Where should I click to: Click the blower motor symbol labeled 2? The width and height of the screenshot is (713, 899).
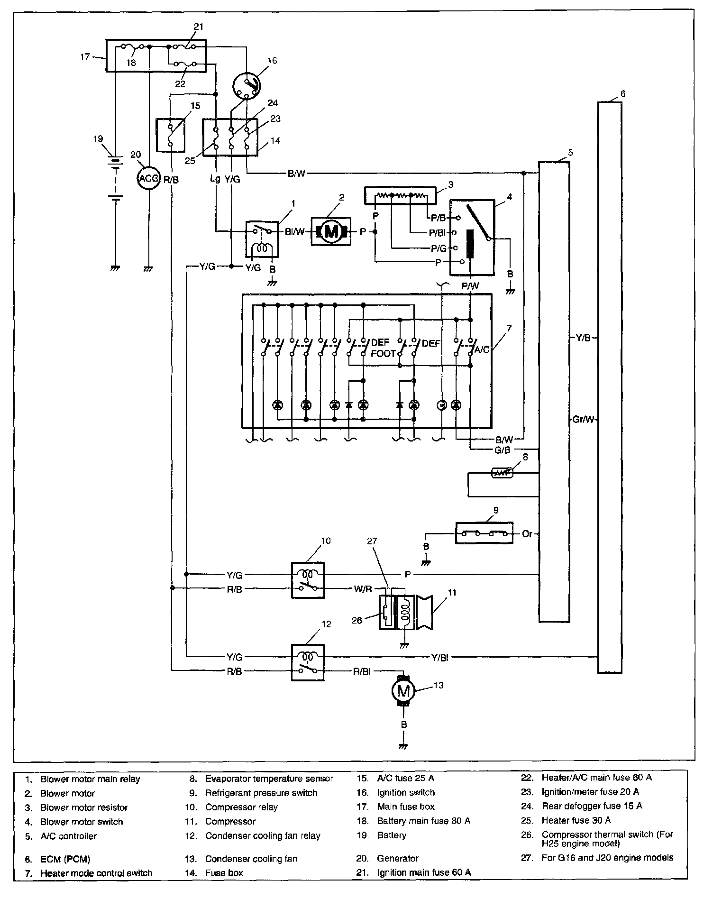[331, 231]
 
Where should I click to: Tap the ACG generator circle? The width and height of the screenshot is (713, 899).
[148, 179]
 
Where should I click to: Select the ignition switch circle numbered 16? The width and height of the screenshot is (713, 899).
[247, 85]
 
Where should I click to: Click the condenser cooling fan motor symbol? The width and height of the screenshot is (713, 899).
[403, 692]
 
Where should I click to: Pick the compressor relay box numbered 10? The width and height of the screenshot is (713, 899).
[308, 580]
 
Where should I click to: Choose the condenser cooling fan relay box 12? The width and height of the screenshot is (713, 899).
[308, 663]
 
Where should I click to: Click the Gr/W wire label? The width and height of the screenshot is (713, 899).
[583, 419]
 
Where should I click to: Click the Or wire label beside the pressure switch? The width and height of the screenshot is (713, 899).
[527, 533]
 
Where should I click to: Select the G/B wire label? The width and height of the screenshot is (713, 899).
[502, 450]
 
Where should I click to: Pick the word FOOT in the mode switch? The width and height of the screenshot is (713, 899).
[383, 354]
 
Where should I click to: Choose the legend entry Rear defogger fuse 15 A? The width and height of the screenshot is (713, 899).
[592, 806]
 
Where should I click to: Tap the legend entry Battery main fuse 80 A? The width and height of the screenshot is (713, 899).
[424, 821]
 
